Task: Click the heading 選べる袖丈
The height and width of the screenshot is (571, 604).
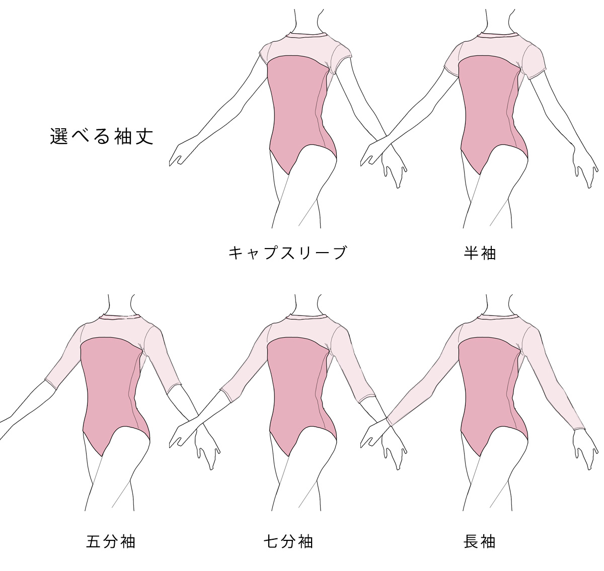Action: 102,137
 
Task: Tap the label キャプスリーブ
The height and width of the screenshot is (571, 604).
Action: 288,253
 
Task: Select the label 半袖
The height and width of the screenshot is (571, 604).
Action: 480,253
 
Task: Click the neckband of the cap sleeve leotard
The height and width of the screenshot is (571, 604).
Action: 307,36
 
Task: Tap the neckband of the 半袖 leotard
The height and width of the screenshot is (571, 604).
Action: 498,36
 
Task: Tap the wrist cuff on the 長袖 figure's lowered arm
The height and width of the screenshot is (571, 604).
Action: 579,428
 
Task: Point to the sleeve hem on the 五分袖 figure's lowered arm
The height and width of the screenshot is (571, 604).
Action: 174,388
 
